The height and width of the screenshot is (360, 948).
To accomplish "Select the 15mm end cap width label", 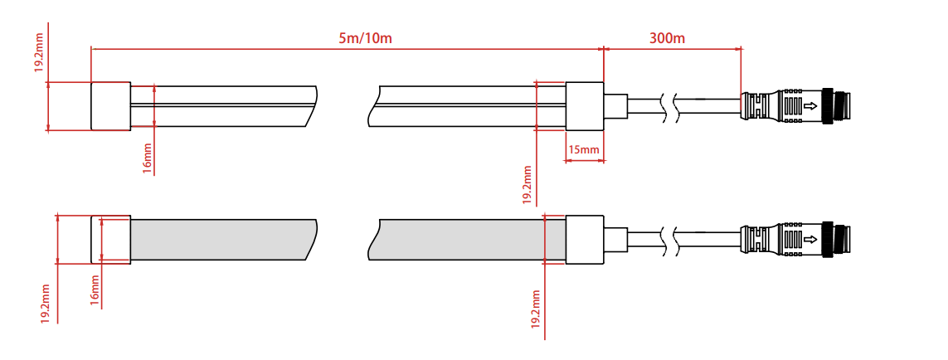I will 583,149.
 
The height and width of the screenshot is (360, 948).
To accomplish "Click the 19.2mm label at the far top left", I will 38,53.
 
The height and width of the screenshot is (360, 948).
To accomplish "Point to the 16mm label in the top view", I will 147,156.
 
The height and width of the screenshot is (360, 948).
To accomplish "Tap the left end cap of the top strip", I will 110,106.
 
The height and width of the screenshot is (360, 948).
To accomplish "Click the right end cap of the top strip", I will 585,106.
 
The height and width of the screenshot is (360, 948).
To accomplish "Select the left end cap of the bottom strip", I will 110,239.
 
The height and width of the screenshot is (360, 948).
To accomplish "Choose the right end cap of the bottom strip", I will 585,239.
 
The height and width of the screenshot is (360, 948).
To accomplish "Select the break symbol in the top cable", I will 669,106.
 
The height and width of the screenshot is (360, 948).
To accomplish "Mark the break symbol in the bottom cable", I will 669,239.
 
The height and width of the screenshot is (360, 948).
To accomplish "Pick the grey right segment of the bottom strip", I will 469,239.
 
